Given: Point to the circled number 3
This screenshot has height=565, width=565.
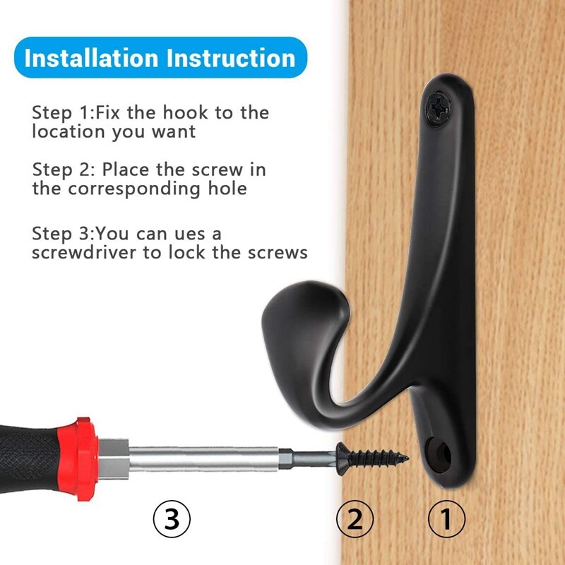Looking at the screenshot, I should [x=172, y=520].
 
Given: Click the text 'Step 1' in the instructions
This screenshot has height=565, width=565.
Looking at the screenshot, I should [x=62, y=112].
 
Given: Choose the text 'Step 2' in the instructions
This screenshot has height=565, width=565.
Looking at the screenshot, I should [x=62, y=170].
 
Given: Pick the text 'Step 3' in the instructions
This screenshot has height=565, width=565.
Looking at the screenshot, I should [x=62, y=233].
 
